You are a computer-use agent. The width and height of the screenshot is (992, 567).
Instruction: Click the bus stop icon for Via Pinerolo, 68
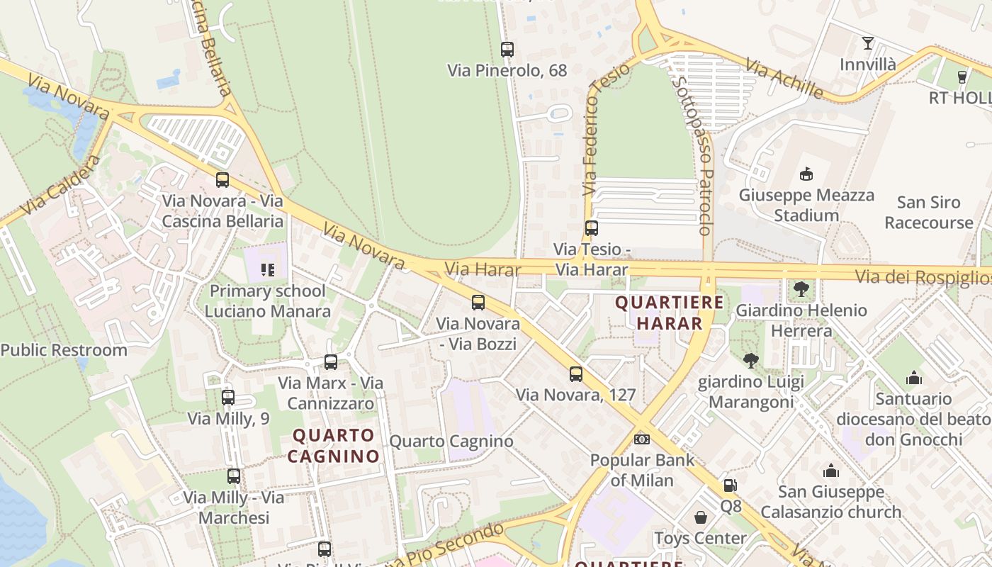[507, 50]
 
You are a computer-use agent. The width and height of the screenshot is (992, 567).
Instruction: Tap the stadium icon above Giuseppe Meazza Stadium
[806, 174]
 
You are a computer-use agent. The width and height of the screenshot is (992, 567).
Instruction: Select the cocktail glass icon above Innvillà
[867, 43]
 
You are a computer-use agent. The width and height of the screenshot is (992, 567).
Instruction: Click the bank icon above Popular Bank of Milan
[642, 439]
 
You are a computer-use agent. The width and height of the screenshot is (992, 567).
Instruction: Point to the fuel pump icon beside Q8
[730, 485]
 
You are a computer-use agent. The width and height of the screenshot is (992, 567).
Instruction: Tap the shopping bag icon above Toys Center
[701, 517]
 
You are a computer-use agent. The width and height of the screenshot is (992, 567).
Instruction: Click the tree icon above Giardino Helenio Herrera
[801, 288]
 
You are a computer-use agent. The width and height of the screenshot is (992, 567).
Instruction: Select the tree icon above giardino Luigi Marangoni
[751, 361]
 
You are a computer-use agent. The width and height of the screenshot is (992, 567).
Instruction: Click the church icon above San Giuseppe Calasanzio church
[830, 471]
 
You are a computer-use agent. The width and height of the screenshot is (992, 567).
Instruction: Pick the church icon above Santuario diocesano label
[913, 378]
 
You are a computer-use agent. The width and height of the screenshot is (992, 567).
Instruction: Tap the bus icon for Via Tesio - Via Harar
[591, 228]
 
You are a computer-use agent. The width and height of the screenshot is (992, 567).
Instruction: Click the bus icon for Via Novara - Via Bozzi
[478, 303]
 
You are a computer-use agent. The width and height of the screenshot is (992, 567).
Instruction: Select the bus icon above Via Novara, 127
[575, 374]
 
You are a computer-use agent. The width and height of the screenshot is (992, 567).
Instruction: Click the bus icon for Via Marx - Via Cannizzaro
[330, 362]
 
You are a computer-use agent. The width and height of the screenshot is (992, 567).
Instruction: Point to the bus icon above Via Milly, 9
[227, 398]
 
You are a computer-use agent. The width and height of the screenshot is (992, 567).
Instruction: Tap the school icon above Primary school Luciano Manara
[267, 269]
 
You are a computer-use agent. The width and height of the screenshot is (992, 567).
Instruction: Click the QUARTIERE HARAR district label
[670, 313]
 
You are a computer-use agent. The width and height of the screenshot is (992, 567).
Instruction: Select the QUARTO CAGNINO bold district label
[333, 445]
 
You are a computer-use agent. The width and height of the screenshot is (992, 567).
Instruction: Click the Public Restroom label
[64, 349]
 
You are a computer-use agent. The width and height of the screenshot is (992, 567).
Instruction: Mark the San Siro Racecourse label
[928, 212]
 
